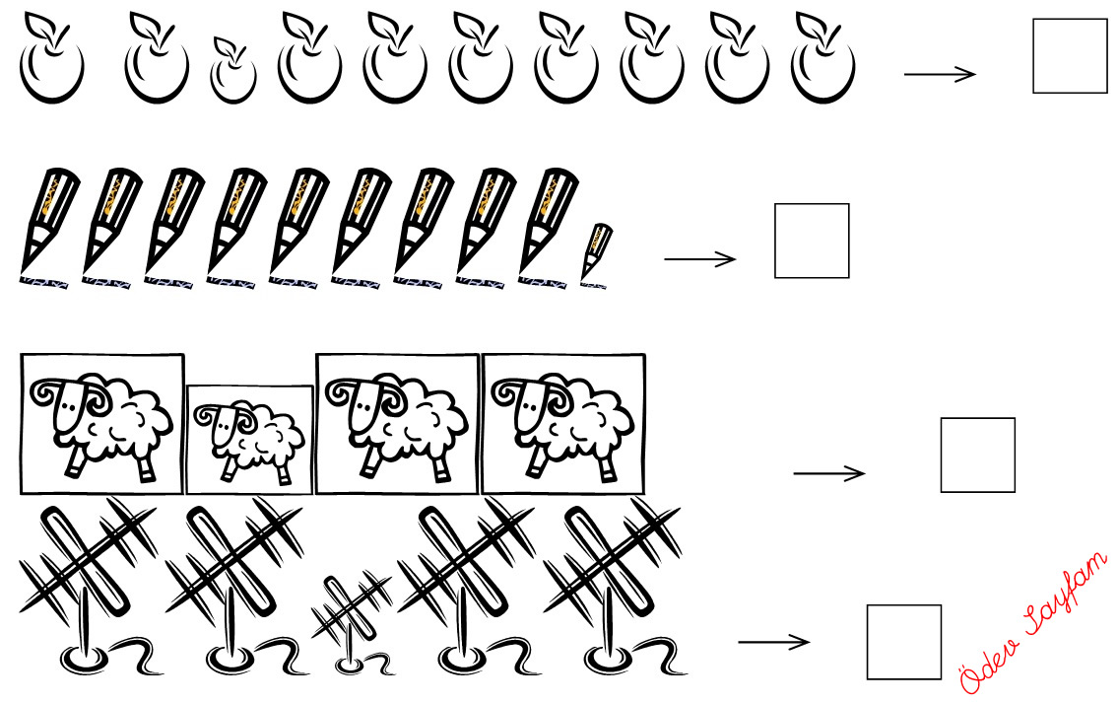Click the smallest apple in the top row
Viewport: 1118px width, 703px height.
pos(233,71)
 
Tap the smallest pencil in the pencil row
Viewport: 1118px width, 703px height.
pos(595,253)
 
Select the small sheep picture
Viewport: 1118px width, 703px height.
pos(249,440)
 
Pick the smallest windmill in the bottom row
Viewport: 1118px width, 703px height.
pos(352,621)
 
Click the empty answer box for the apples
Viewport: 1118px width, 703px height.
pos(1070,55)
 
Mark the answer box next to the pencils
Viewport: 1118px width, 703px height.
pos(812,241)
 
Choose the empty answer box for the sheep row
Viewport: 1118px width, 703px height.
pos(977,455)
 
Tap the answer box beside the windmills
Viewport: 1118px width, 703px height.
pos(904,642)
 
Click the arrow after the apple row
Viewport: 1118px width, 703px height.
pos(940,74)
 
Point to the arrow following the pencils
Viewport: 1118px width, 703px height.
pos(699,258)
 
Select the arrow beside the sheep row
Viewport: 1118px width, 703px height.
pos(829,472)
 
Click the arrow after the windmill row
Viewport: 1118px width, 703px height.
pos(773,642)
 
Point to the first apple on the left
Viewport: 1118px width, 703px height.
pos(51,58)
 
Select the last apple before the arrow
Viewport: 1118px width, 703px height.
pos(822,58)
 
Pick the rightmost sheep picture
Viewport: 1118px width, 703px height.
pos(563,424)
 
